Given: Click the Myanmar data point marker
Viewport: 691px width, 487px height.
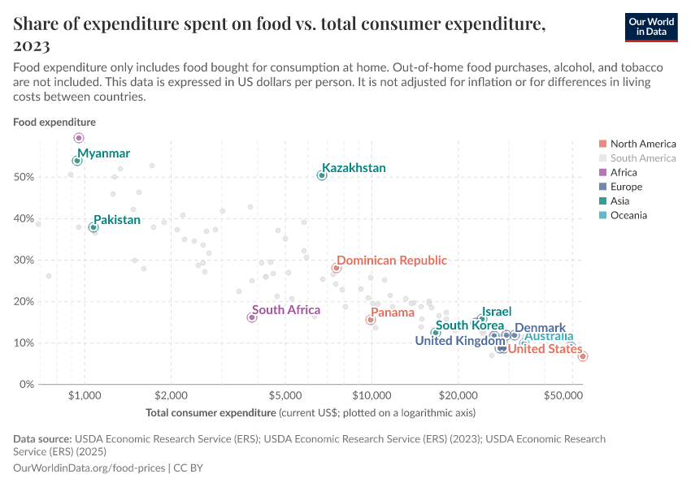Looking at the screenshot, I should [x=77, y=161].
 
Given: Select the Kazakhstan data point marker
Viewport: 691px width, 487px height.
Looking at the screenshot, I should [x=322, y=175].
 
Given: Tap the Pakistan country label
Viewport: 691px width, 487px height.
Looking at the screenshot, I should [x=116, y=220].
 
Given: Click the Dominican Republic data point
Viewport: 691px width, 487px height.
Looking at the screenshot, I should [x=336, y=268].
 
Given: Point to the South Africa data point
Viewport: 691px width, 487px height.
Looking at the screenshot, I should [x=252, y=317].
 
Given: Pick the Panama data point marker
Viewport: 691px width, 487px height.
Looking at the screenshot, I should [x=371, y=320].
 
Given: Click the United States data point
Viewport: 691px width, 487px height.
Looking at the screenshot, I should [x=583, y=356].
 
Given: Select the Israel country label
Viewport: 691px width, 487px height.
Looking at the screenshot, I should [x=497, y=312].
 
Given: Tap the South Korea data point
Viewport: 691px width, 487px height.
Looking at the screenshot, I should [x=436, y=333].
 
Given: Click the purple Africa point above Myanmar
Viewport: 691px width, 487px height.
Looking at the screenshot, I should [x=79, y=138].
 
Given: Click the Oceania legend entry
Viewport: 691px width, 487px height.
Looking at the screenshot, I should [x=630, y=215].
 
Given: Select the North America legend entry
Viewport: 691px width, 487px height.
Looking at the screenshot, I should [x=642, y=144].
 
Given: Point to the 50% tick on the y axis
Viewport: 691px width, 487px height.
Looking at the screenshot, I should [x=25, y=177].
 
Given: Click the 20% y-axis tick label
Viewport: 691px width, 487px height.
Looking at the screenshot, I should [x=25, y=301].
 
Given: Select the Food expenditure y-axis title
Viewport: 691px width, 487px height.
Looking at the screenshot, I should [x=54, y=122].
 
